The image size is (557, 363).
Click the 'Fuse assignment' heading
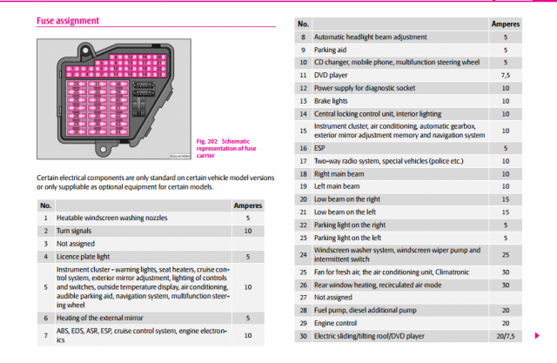(x=67, y=20)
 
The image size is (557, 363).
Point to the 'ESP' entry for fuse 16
(x=320, y=148)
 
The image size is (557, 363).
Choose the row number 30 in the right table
(x=303, y=335)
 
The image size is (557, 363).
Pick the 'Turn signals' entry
(x=76, y=231)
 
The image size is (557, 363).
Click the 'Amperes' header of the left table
(x=248, y=205)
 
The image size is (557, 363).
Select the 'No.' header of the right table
(x=303, y=24)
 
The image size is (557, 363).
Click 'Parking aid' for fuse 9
(x=332, y=50)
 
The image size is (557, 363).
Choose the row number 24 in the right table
(x=303, y=254)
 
